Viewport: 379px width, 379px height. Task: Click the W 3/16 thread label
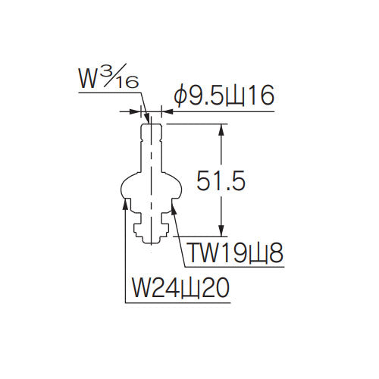click(109, 77)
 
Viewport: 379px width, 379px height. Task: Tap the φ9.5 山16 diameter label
click(224, 96)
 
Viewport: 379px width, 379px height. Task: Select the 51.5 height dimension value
click(221, 180)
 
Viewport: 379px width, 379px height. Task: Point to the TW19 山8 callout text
click(236, 252)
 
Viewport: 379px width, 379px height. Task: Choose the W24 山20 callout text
click(180, 288)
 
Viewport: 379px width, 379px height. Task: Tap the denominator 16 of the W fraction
click(127, 82)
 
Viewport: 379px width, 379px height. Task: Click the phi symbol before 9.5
click(180, 96)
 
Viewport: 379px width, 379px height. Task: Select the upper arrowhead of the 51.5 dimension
click(221, 130)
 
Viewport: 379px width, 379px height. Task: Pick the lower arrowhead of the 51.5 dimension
click(221, 231)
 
